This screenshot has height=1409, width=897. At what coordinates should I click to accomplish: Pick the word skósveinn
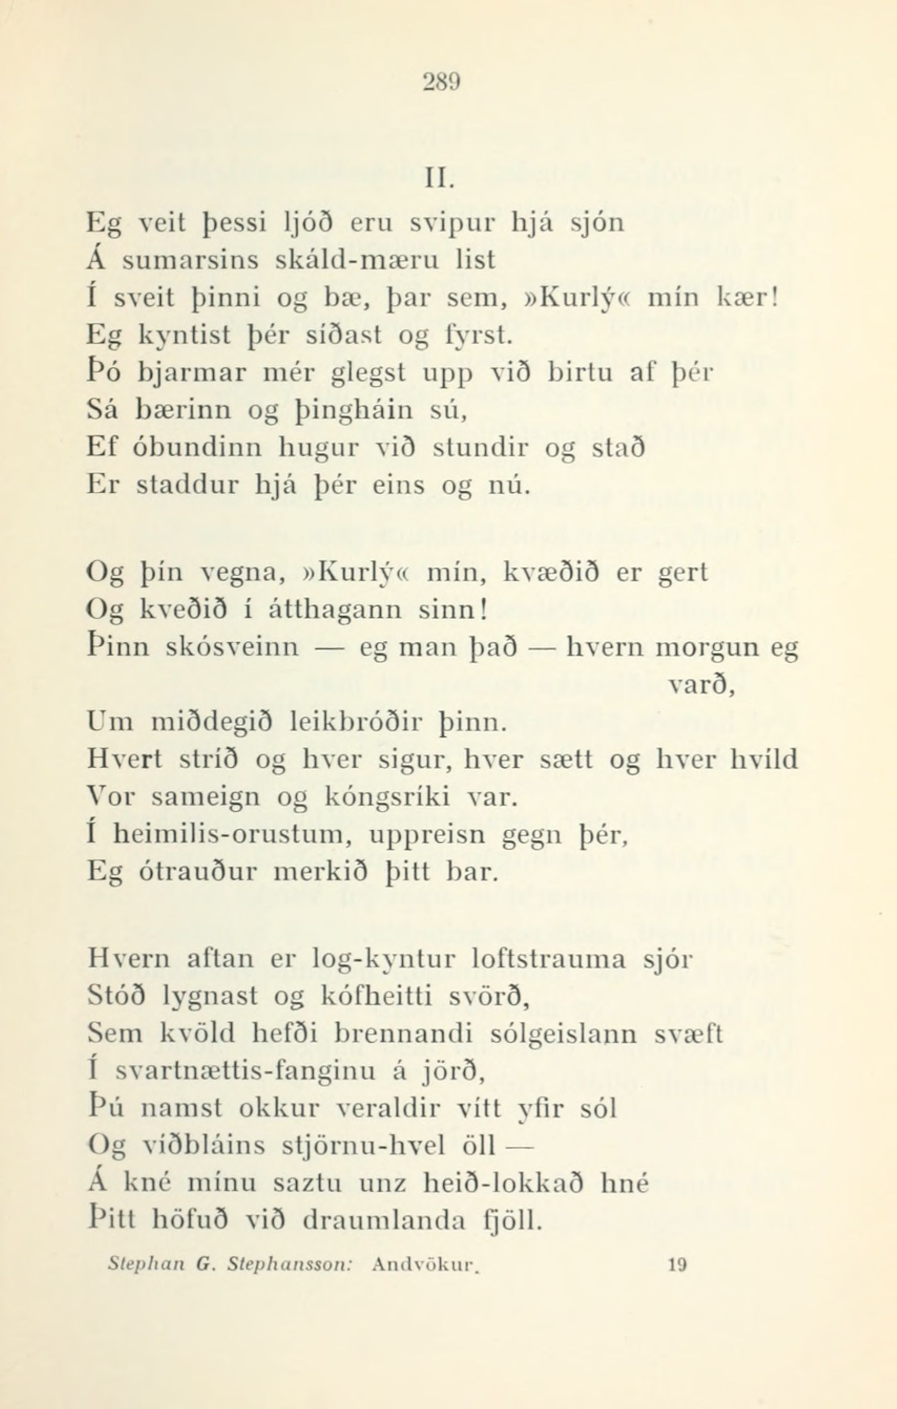(x=233, y=648)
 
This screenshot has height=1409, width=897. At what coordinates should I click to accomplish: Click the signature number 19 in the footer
(x=677, y=1266)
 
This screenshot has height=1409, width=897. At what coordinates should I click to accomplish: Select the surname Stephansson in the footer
(x=289, y=1266)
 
